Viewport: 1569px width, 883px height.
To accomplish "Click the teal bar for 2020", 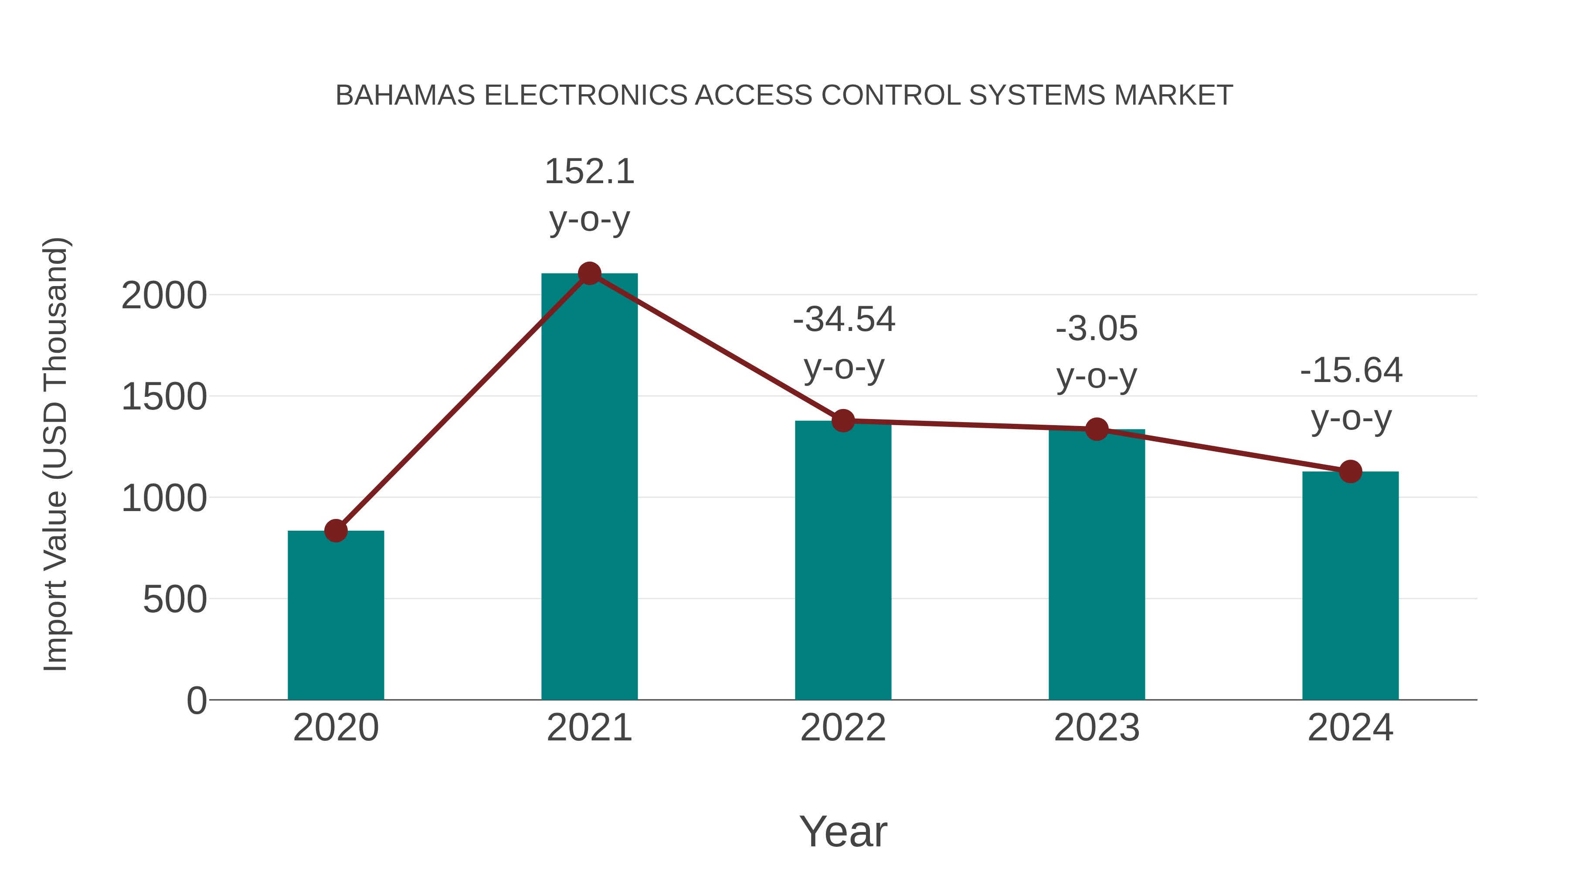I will (x=336, y=615).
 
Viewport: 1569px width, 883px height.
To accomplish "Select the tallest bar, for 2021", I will (x=589, y=488).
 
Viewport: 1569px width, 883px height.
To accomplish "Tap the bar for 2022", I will (x=843, y=561).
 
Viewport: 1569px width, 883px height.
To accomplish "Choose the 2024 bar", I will (x=1350, y=586).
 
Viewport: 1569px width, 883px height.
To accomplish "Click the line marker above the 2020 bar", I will (x=336, y=531).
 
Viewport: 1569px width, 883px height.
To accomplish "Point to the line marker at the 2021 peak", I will (x=589, y=273).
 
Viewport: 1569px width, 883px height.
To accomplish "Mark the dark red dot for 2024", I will (x=1350, y=471).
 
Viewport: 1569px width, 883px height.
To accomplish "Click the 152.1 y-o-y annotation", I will (x=589, y=172).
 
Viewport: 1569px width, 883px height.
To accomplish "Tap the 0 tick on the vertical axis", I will (x=197, y=701).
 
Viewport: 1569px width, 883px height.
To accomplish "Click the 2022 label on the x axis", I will (x=843, y=728).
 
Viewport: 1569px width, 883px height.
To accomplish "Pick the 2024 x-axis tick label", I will (x=1350, y=728).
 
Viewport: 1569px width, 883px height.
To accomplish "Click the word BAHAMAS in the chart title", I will (x=405, y=95).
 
